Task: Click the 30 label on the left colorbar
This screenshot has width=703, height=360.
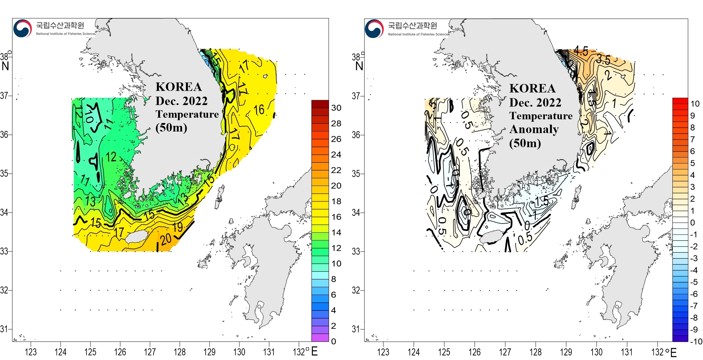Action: pyautogui.click(x=336, y=108)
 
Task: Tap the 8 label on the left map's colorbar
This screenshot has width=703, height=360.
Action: pyautogui.click(x=334, y=279)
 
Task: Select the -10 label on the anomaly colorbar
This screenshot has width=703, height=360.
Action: pyautogui.click(x=696, y=341)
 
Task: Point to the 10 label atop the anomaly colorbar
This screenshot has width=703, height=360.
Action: pyautogui.click(x=695, y=104)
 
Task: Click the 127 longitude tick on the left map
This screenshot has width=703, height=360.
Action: pyautogui.click(x=150, y=352)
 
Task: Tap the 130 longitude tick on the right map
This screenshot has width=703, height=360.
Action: pyautogui.click(x=596, y=352)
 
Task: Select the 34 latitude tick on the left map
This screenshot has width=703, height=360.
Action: pyautogui.click(x=4, y=212)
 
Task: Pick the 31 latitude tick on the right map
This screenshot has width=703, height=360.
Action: pyautogui.click(x=356, y=329)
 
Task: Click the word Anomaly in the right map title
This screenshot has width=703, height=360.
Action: pyautogui.click(x=534, y=130)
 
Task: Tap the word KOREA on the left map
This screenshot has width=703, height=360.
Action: pyautogui.click(x=179, y=87)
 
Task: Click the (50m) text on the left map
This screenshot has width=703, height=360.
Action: pyautogui.click(x=171, y=127)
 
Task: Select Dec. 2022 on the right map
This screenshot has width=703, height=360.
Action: pyautogui.click(x=535, y=103)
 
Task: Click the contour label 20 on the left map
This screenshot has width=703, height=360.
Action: pyautogui.click(x=166, y=239)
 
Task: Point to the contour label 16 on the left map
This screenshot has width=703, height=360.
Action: pyautogui.click(x=259, y=110)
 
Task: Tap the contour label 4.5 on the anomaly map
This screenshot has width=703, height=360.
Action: pyautogui.click(x=581, y=51)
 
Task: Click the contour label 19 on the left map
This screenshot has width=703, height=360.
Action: pyautogui.click(x=178, y=227)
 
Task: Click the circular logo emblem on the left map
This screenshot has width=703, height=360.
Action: pyautogui.click(x=22, y=28)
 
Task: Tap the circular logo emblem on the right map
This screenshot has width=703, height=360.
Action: pyautogui.click(x=374, y=28)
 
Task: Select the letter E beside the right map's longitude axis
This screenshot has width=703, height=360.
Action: pyautogui.click(x=673, y=352)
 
